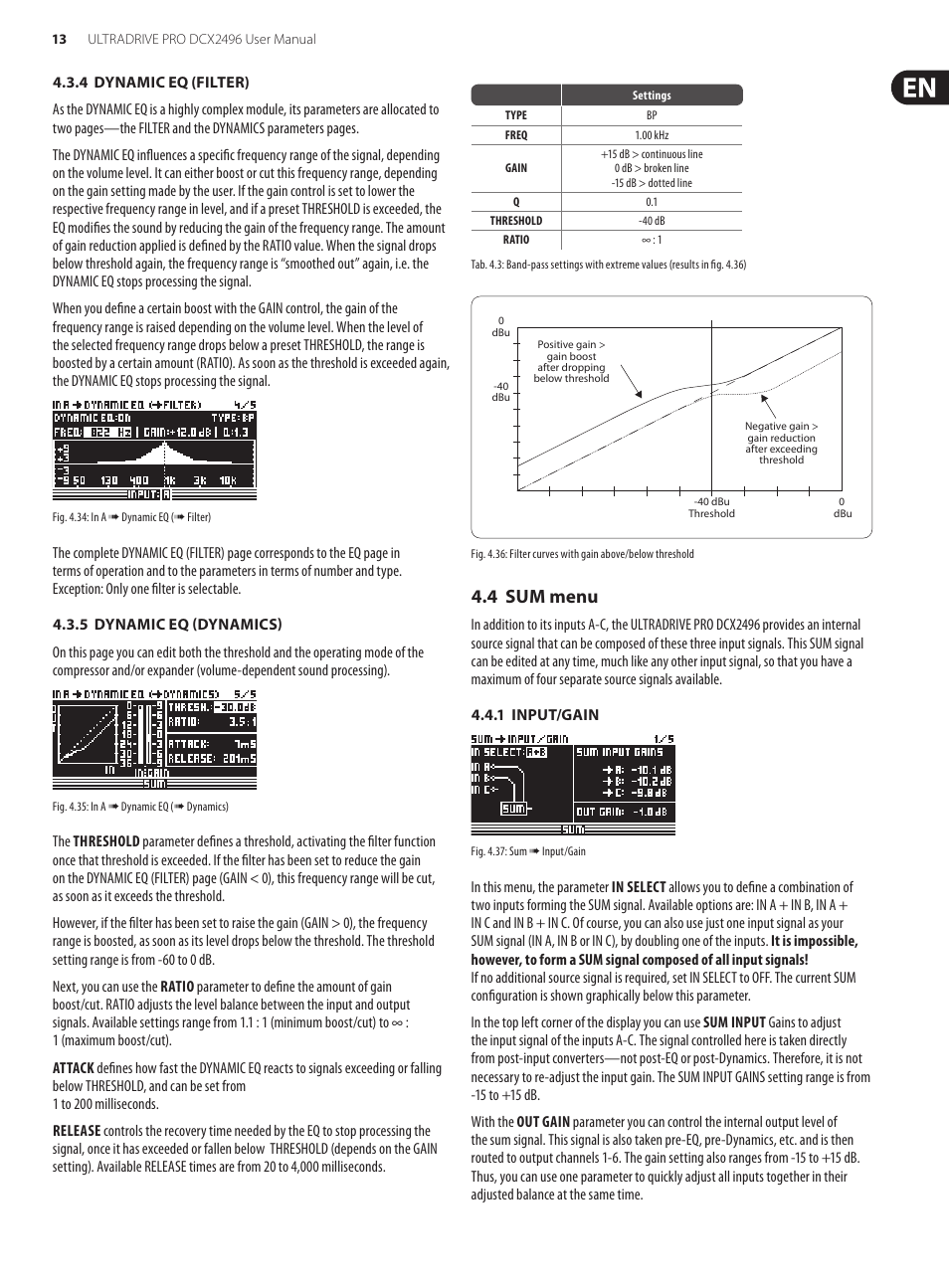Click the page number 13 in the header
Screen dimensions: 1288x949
[60, 40]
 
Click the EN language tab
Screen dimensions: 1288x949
[919, 88]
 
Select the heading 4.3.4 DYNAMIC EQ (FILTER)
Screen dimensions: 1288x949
[150, 83]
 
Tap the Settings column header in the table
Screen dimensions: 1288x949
[652, 95]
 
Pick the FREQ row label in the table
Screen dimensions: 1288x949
[515, 135]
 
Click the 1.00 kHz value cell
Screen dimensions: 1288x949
[652, 135]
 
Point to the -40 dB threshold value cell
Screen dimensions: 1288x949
[652, 221]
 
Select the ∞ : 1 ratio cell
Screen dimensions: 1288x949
[652, 240]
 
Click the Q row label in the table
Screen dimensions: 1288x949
[515, 202]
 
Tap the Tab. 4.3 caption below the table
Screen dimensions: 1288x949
[608, 265]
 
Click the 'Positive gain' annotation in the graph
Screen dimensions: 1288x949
[571, 361]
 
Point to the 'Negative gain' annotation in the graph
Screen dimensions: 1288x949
[781, 443]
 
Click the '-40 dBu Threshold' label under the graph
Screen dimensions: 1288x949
[711, 507]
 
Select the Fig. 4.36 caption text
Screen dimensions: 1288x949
[582, 554]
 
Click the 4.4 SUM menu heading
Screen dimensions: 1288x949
[534, 597]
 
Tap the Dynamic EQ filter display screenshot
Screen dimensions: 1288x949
[154, 450]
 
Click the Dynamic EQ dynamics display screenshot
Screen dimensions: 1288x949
[154, 739]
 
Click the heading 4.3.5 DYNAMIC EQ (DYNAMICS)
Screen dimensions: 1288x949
[167, 625]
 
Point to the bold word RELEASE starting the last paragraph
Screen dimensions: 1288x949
[77, 1131]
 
